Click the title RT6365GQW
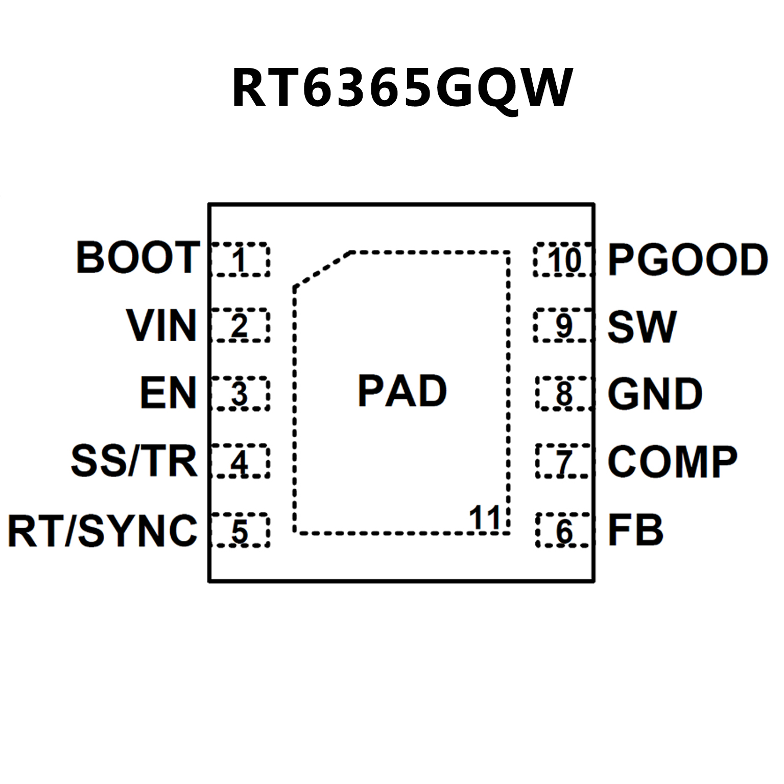point(402,88)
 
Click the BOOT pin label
point(137,257)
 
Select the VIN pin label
point(161,325)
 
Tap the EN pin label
point(168,393)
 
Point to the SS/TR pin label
point(134,461)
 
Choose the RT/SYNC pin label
point(102,531)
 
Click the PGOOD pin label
point(687,259)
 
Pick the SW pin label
point(642,327)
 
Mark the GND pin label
point(655,394)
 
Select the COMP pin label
point(672,462)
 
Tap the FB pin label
point(635,530)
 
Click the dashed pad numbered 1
point(240,259)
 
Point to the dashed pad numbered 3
point(240,393)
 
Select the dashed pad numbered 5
point(240,530)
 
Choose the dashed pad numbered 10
point(564,259)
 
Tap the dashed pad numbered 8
point(564,393)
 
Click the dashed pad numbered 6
point(564,530)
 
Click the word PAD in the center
point(402,391)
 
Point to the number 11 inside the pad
point(484,518)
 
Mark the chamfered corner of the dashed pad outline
point(322,269)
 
